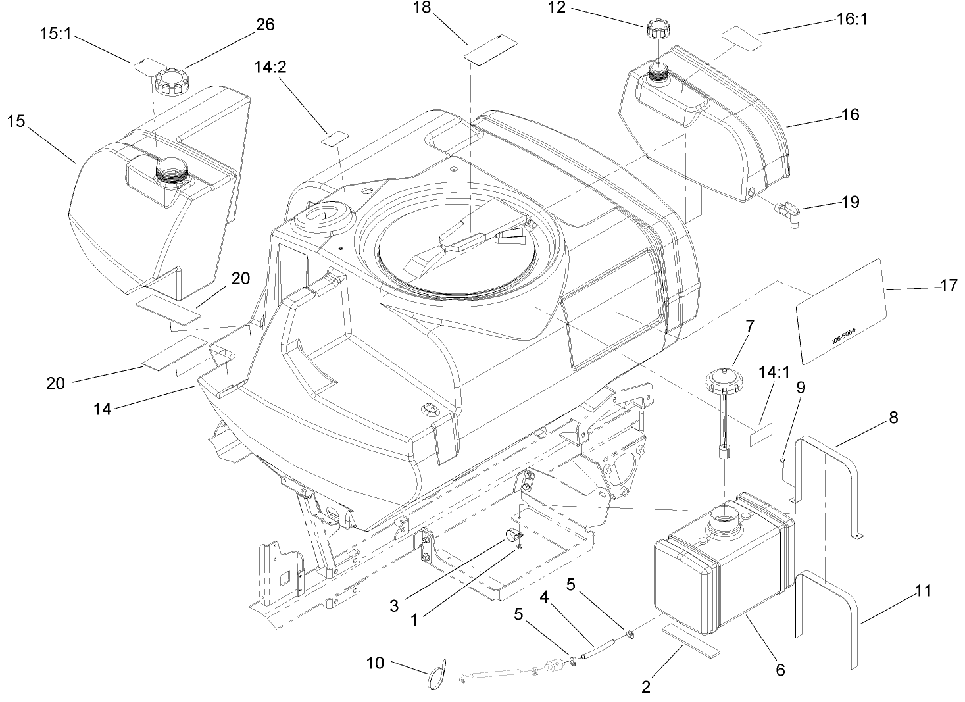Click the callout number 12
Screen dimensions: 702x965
pos(557,9)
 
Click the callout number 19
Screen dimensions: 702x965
pos(851,201)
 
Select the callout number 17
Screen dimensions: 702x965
pos(949,285)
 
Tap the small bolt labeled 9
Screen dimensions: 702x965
pos(783,462)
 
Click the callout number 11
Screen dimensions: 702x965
pos(924,591)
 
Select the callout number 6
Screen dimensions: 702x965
pos(780,670)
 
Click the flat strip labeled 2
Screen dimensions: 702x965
pos(691,641)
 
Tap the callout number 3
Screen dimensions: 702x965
pos(393,605)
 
